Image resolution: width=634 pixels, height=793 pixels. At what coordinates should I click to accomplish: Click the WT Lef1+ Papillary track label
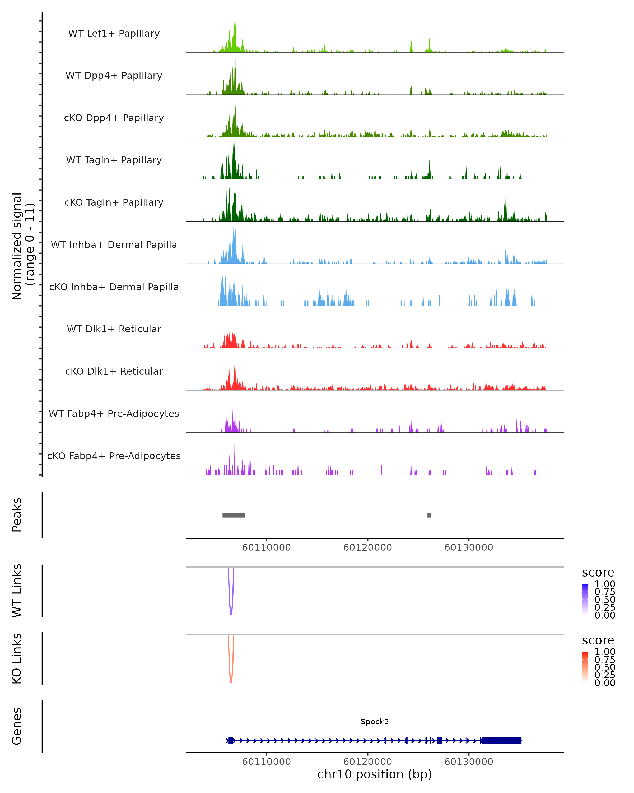coord(114,34)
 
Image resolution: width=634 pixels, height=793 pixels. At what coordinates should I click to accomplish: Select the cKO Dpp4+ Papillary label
coord(114,118)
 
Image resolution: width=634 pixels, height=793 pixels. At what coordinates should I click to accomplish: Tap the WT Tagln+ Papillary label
coord(114,160)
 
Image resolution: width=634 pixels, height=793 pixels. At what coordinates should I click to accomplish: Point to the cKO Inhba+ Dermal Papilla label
coord(114,287)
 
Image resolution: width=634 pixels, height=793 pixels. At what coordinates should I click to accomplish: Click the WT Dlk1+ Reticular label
coord(114,329)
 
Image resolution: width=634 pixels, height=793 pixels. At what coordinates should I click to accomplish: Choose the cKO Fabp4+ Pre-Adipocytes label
coord(114,456)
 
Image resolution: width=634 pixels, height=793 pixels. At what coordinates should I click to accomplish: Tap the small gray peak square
coord(429,515)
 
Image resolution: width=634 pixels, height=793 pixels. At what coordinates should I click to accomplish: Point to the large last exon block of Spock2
coord(501,740)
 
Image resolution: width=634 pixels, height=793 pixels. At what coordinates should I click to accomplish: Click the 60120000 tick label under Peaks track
coord(367,547)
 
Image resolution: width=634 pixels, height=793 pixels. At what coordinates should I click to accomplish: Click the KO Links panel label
coord(17,658)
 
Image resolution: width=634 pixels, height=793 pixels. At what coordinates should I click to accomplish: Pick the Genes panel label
coord(17,726)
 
